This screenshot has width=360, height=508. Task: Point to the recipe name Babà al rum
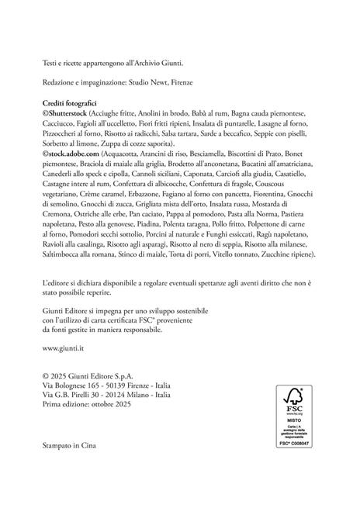tap(202, 112)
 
